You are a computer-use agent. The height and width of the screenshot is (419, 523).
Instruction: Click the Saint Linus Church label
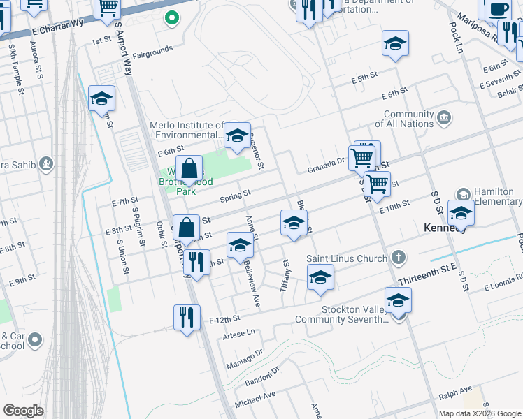pyautogui.click(x=347, y=258)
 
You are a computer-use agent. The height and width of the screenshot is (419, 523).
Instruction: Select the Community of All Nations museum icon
pyautogui.click(x=444, y=119)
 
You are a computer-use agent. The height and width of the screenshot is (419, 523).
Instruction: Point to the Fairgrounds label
pyautogui.click(x=152, y=52)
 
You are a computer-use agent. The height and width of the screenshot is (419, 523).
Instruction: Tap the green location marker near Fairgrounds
pyautogui.click(x=171, y=18)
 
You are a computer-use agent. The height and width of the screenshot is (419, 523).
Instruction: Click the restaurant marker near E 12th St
pyautogui.click(x=187, y=318)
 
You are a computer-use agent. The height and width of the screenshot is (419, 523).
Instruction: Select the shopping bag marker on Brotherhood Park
pyautogui.click(x=189, y=169)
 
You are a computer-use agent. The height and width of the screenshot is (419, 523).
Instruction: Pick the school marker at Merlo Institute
pyautogui.click(x=237, y=134)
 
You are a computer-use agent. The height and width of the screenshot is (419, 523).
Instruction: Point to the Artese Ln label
pyautogui.click(x=238, y=334)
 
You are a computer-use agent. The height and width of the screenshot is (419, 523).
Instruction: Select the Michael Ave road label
pyautogui.click(x=255, y=400)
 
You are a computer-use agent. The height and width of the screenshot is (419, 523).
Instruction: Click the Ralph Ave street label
pyautogui.click(x=455, y=392)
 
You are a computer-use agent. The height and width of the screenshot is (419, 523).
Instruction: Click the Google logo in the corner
pyautogui.click(x=24, y=411)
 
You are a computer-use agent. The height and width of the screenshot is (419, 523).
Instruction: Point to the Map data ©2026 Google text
pyautogui.click(x=479, y=413)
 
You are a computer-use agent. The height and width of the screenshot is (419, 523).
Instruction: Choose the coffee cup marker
pyautogui.click(x=498, y=10)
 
